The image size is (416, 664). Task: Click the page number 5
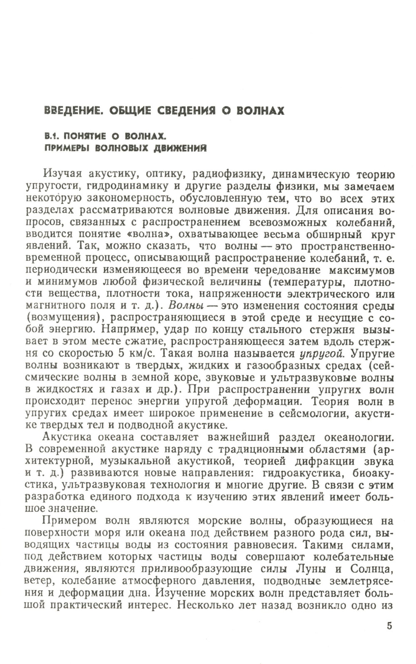[389, 626]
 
